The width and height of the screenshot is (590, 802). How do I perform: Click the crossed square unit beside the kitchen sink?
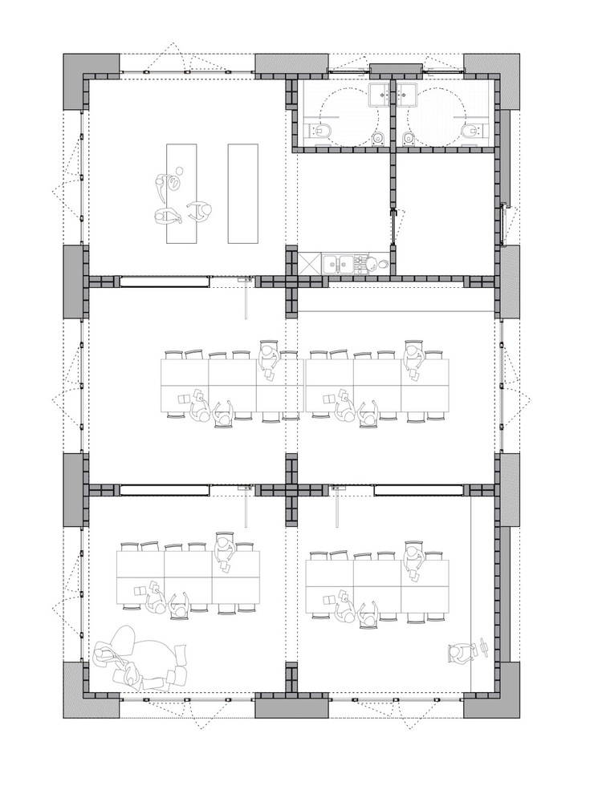(x=308, y=263)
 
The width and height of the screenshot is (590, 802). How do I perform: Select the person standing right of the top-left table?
(x=201, y=212)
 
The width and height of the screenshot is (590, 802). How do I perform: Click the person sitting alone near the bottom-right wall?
(x=460, y=654)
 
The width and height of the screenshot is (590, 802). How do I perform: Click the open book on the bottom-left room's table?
(x=140, y=591)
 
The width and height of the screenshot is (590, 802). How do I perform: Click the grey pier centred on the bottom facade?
(x=291, y=707)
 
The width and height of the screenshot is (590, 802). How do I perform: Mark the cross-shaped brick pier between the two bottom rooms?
(x=291, y=489)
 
